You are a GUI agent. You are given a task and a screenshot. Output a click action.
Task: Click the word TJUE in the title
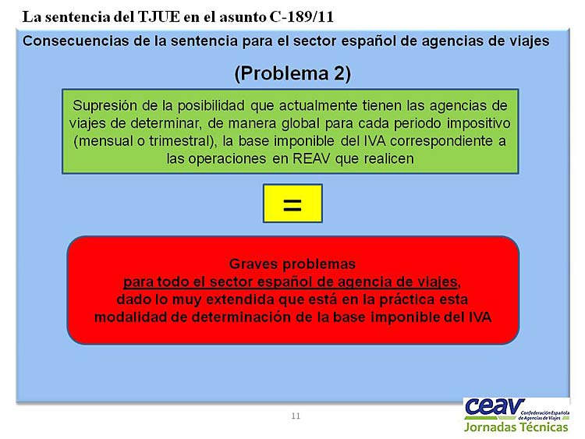click(159, 17)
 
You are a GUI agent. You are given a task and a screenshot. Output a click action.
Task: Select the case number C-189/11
click(301, 17)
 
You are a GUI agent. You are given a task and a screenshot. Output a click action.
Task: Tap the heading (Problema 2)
click(292, 73)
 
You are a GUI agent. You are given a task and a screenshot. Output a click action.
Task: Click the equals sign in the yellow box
click(292, 205)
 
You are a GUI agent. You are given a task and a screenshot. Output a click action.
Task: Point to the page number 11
click(296, 416)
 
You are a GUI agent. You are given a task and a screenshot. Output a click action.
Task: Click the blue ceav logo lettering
click(494, 407)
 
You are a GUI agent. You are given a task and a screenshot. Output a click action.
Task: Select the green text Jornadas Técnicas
click(516, 427)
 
